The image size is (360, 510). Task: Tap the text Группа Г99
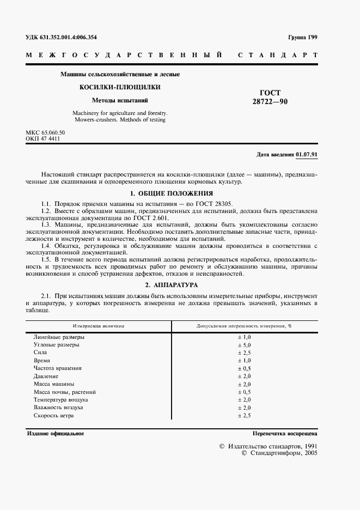coord(302,37)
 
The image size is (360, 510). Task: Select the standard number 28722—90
coord(270,102)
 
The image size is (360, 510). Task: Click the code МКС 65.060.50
coord(45,132)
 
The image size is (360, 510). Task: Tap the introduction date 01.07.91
coord(307,154)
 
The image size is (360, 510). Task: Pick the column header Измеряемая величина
coord(99,326)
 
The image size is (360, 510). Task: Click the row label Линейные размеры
coord(59,337)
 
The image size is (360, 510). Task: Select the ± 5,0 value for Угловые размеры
coord(243,345)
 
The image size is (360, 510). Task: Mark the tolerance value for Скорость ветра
coord(243,416)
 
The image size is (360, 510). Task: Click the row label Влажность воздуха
coord(58,408)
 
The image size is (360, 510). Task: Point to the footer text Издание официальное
coord(55,434)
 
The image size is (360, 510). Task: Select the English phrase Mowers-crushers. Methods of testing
coord(119,119)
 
